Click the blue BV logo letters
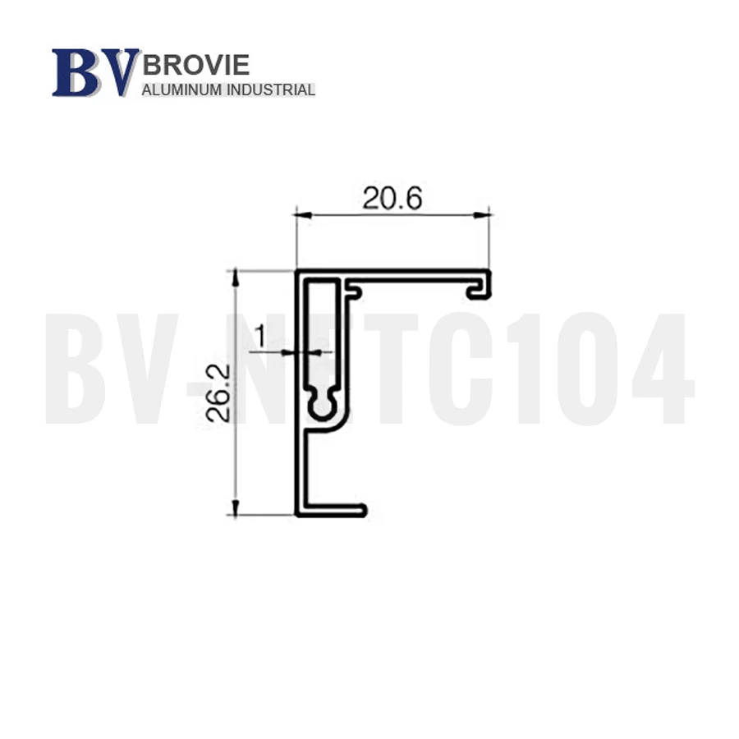(x=96, y=72)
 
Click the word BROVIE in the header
(x=195, y=65)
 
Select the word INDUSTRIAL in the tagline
(x=271, y=90)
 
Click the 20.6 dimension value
(x=392, y=198)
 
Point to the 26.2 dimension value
(x=218, y=392)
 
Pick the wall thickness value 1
(x=260, y=336)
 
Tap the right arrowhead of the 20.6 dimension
(x=482, y=215)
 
